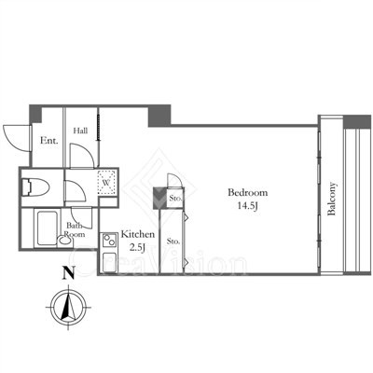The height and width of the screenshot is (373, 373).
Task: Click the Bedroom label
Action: coord(247,192)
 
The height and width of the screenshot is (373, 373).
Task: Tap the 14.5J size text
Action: coord(248,206)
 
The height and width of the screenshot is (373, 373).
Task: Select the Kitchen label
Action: coord(137,234)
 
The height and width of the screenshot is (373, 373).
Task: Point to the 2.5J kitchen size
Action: coord(137,248)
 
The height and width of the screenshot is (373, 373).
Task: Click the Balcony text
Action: coord(332,199)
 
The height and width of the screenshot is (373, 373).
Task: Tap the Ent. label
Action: coord(49,141)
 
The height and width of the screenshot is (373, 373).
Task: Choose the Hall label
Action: coord(80,131)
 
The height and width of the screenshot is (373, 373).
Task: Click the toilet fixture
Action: coord(35,187)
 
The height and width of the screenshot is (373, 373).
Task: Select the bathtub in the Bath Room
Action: coord(47,228)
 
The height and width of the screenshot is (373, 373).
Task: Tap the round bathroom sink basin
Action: coord(65,241)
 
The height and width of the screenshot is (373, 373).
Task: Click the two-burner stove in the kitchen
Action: coord(109,241)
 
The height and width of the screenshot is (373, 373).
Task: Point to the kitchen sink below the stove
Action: coord(109,262)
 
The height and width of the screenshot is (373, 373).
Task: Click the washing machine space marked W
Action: coord(107,183)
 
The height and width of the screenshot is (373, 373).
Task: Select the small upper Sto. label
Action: coord(175,198)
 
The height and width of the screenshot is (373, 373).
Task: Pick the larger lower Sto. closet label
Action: coord(173,241)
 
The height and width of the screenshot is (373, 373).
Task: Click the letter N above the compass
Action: coord(69,273)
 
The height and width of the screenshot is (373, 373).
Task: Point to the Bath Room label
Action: coord(75,229)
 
